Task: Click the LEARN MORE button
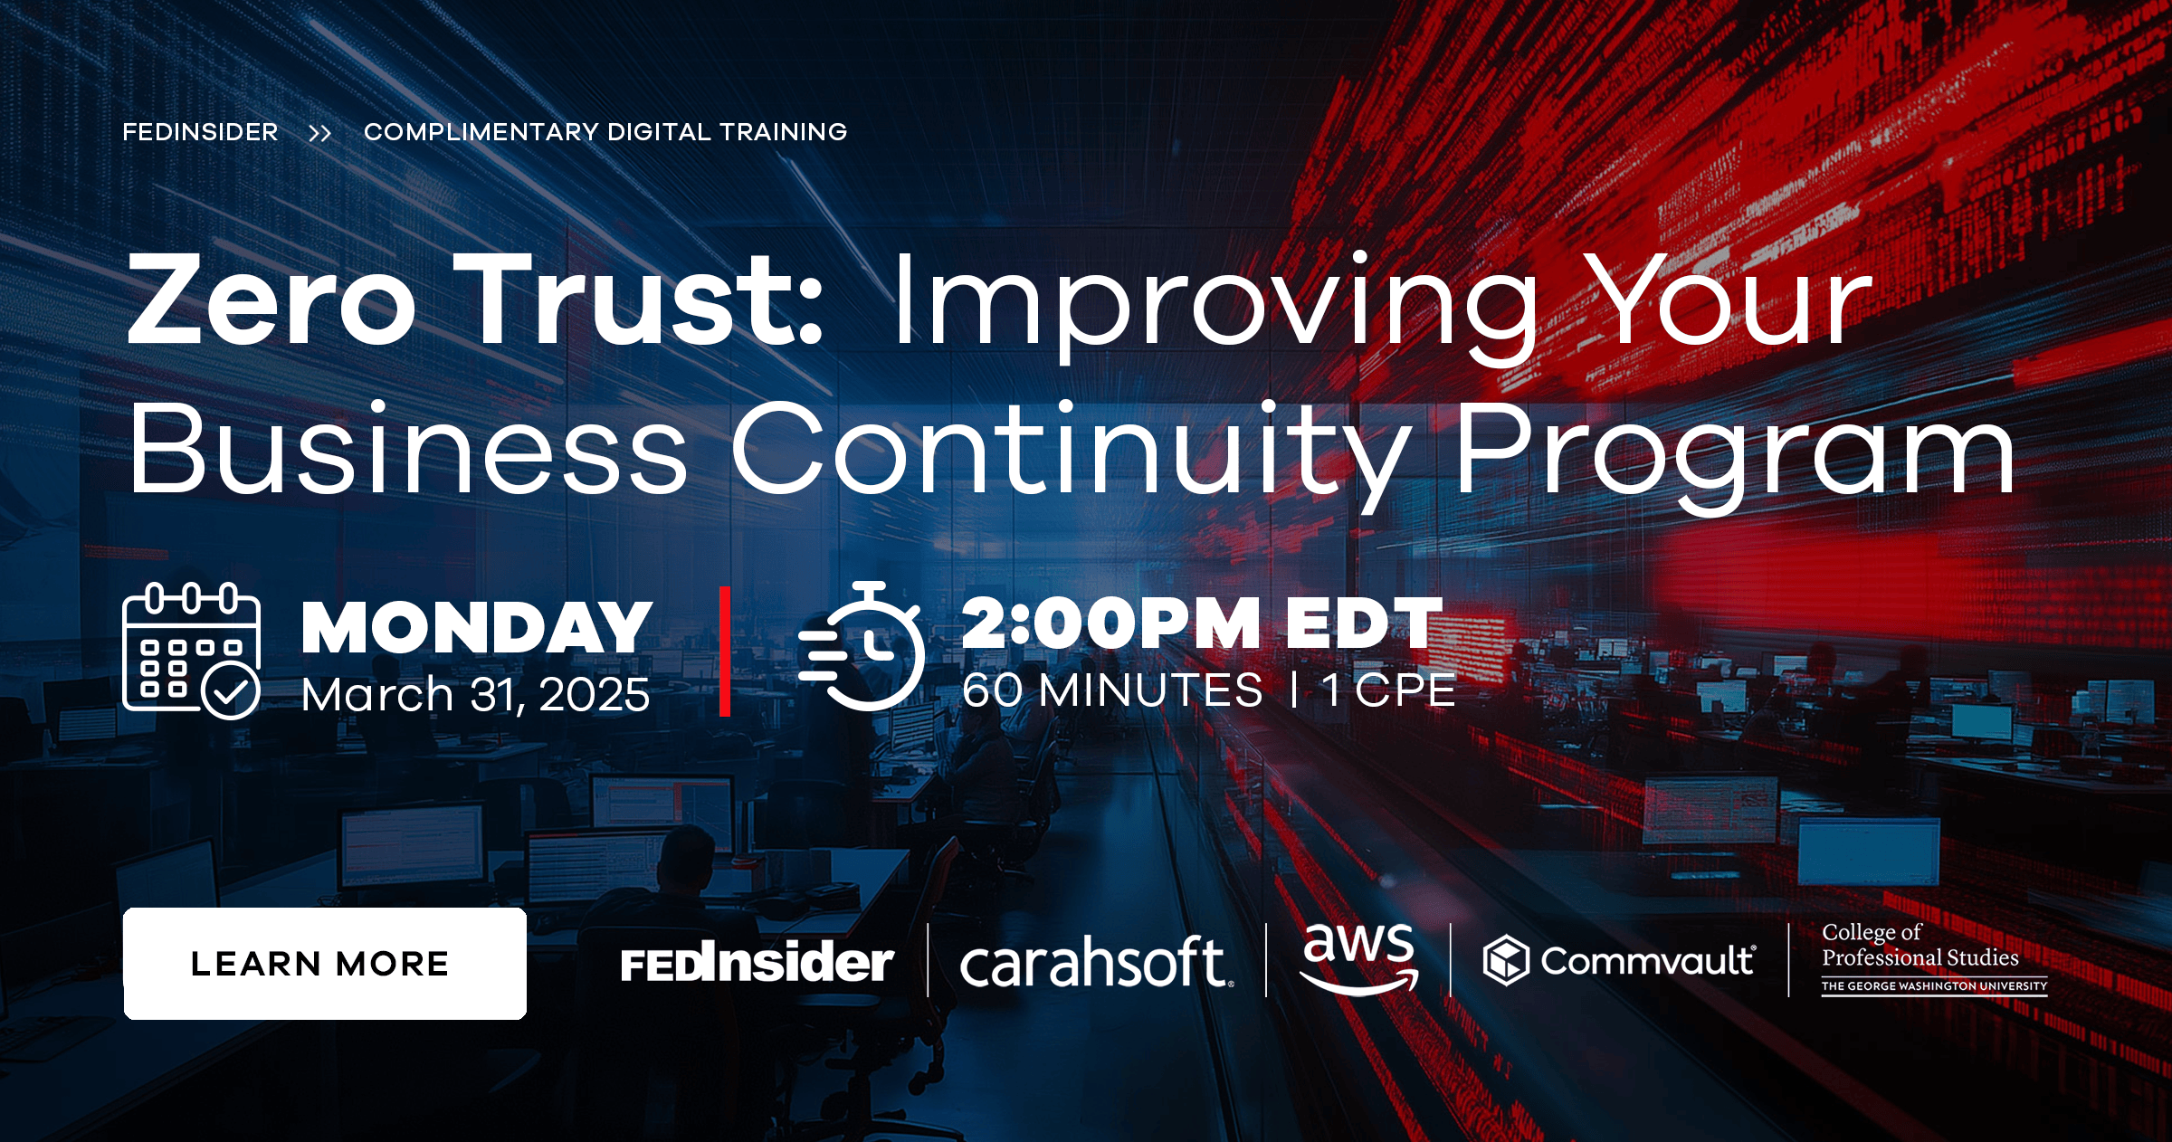(x=324, y=964)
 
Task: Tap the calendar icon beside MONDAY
(x=191, y=651)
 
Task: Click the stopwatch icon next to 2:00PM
(x=862, y=647)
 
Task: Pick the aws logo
(x=1358, y=957)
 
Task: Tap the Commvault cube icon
(x=1506, y=960)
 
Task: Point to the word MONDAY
(x=477, y=627)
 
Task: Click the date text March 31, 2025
(x=475, y=695)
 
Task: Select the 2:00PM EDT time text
(x=1202, y=623)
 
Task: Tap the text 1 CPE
(x=1388, y=690)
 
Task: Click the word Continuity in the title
(x=1072, y=451)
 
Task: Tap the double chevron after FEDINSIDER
(x=320, y=134)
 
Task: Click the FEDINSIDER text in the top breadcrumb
(x=200, y=132)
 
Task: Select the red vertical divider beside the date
(x=725, y=652)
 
